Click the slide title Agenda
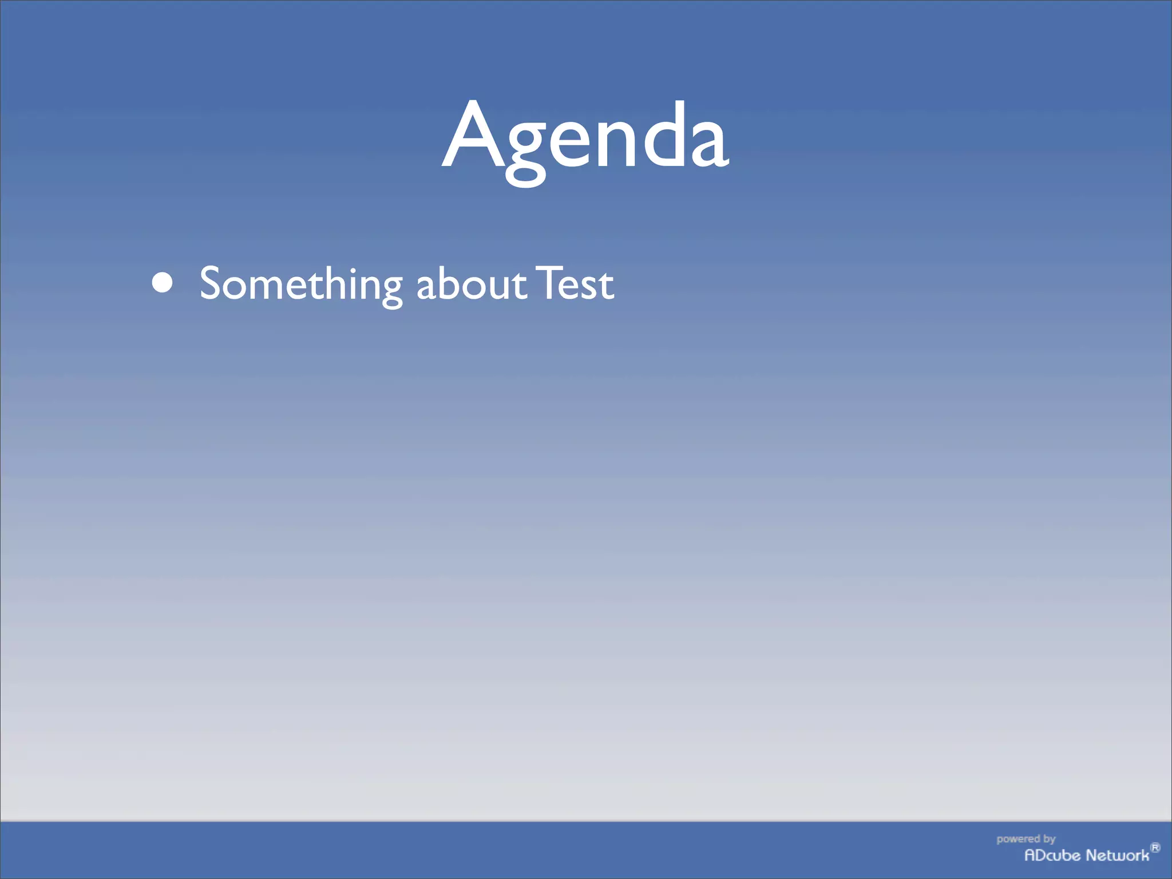(585, 137)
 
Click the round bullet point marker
(163, 283)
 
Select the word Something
(301, 284)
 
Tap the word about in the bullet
(470, 284)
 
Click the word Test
(574, 284)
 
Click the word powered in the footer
(1017, 839)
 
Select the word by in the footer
(1049, 840)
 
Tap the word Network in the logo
(1117, 856)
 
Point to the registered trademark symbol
(1155, 848)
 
